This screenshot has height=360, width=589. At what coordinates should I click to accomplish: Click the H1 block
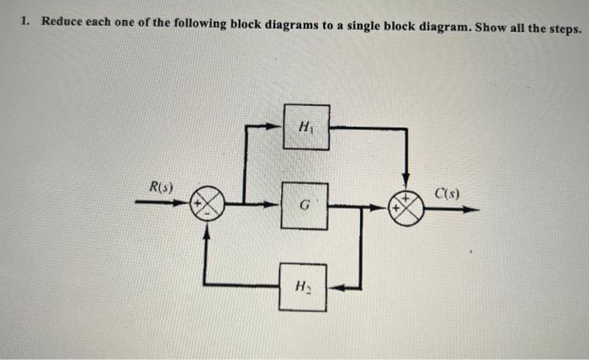305,127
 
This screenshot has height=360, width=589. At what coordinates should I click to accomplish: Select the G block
304,204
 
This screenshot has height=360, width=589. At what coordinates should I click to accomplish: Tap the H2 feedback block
303,287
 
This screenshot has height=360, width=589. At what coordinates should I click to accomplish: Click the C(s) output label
445,196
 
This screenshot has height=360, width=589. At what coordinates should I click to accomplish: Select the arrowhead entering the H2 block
333,287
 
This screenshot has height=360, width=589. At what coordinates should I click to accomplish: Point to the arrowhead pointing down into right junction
406,186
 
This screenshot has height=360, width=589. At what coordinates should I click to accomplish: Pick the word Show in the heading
489,27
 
